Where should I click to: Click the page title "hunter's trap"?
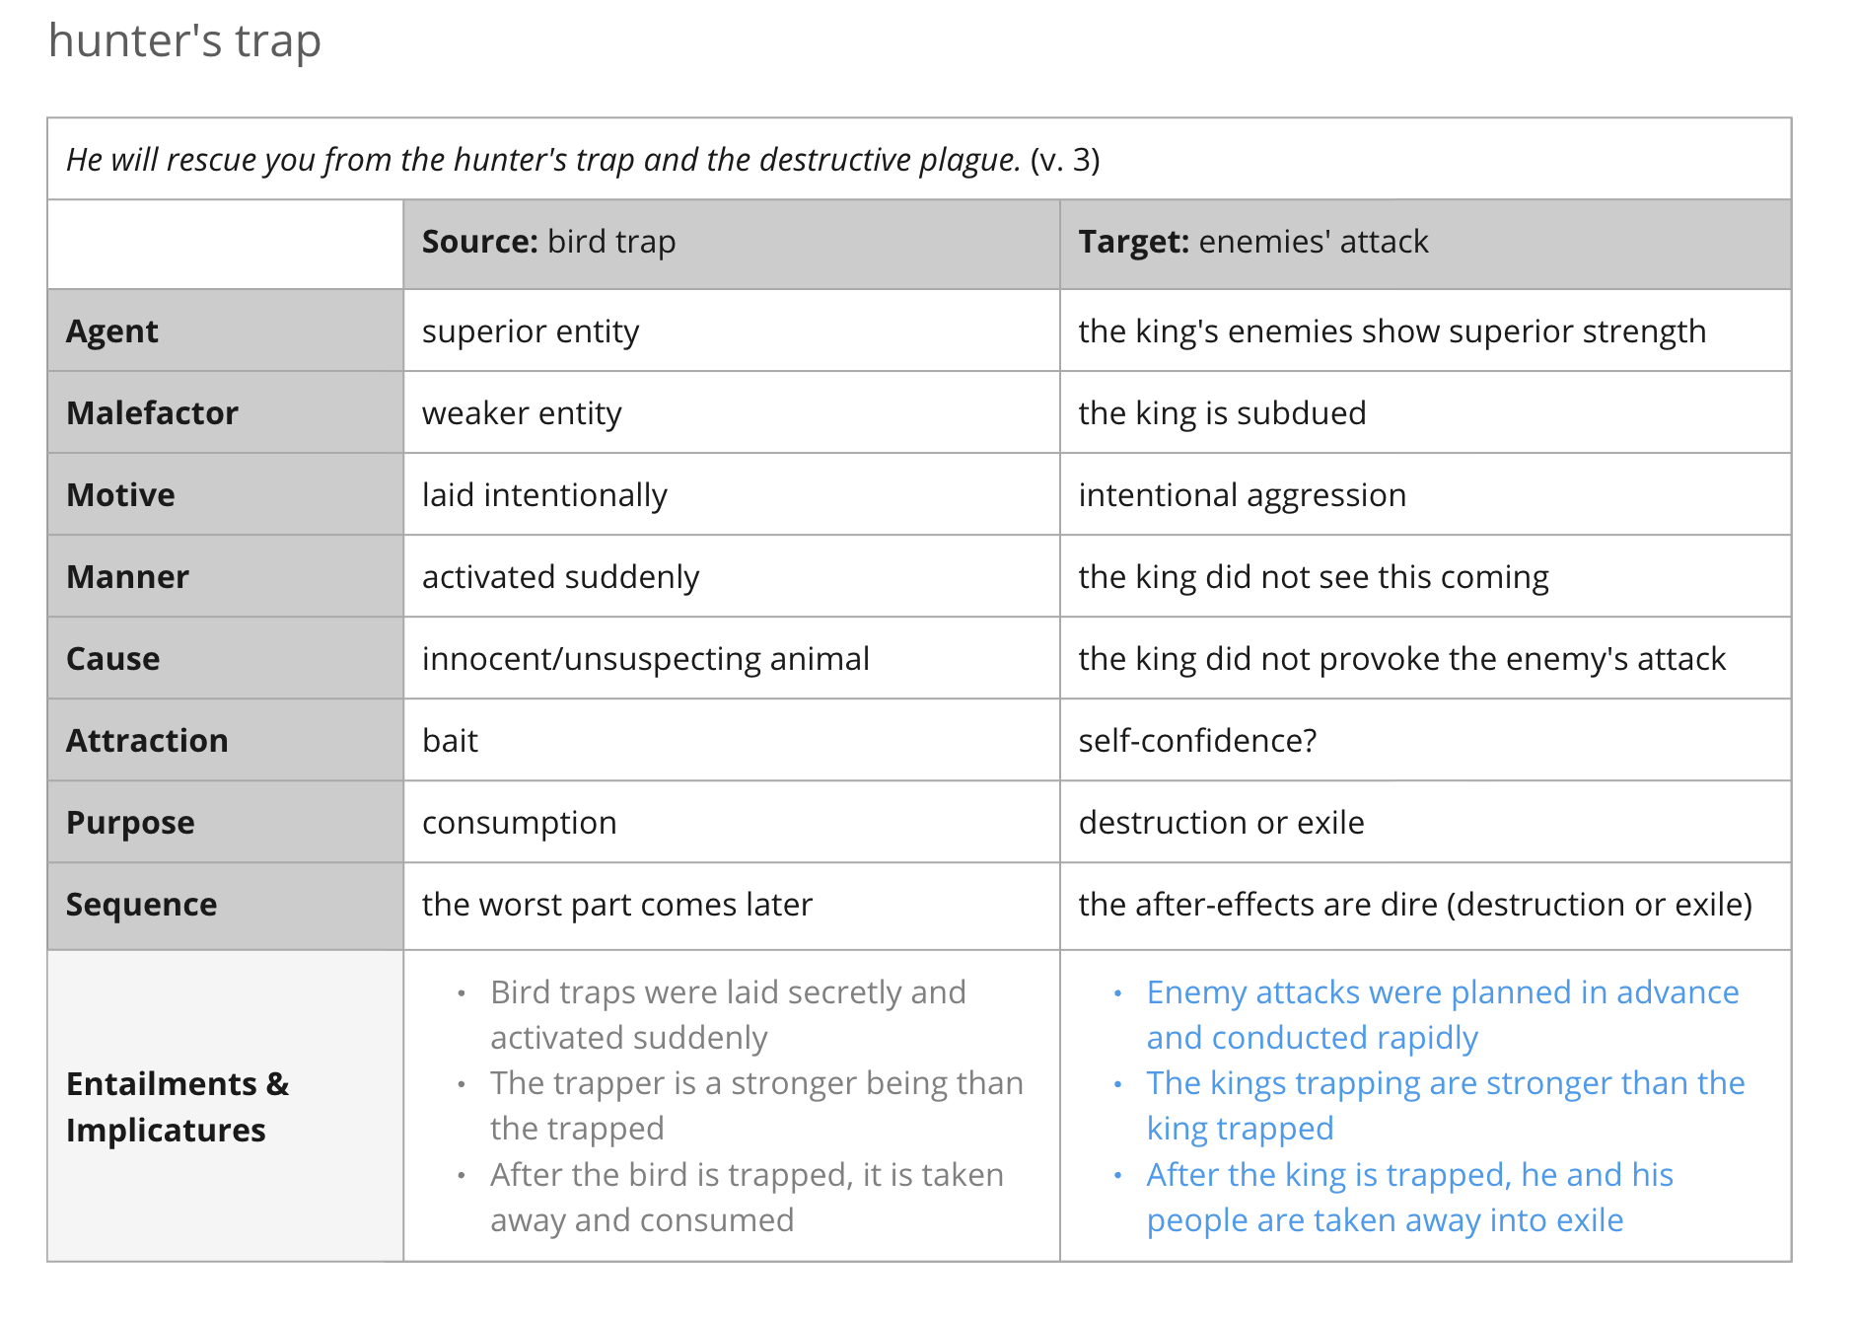tap(184, 42)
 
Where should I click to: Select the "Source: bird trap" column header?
tap(549, 242)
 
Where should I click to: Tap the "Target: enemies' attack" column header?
tap(1252, 242)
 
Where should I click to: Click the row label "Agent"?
tap(111, 332)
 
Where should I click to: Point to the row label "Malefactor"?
tap(152, 413)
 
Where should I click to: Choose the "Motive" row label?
tap(120, 495)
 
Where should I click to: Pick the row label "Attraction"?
tap(147, 741)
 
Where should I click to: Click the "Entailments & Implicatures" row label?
tap(178, 1107)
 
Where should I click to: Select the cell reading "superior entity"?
tap(531, 332)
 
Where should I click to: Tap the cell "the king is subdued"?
tap(1222, 413)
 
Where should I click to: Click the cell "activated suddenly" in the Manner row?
tap(560, 577)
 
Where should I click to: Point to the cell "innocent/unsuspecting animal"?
tap(646, 659)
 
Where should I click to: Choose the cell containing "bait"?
tap(450, 741)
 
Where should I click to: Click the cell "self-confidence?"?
tap(1197, 741)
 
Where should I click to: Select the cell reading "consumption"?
tap(519, 823)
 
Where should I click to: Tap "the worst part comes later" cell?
tap(617, 905)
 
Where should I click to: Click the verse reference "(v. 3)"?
tap(1065, 160)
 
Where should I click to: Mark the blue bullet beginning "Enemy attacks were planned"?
tap(1443, 1015)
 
